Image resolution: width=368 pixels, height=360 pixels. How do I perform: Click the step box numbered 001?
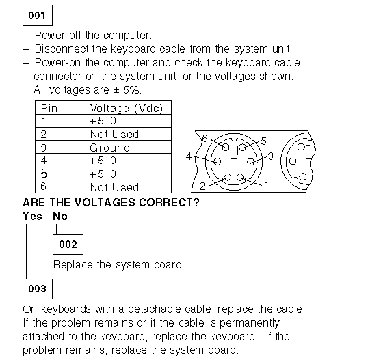38,15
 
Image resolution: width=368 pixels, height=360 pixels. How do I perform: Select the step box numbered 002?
68,245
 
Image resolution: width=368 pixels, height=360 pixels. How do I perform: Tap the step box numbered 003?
38,289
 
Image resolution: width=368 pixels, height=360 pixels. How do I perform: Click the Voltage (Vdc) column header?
127,108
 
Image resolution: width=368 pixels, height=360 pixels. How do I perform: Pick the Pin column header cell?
59,108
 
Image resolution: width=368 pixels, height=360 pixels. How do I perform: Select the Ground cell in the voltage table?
127,148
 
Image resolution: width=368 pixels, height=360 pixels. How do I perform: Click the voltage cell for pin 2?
127,134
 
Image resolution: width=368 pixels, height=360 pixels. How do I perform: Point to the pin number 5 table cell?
59,174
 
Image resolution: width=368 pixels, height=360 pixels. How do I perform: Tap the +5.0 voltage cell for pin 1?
127,121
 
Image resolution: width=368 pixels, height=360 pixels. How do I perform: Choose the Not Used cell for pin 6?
127,186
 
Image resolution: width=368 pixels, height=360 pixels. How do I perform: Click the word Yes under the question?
32,216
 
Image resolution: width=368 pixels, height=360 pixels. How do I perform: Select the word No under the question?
60,216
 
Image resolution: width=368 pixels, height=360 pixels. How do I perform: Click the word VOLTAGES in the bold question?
105,202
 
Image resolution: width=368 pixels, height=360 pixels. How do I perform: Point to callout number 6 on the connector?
205,139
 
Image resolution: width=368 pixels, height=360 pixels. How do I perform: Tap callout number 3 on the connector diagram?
271,156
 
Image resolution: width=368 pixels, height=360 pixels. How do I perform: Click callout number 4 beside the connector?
189,156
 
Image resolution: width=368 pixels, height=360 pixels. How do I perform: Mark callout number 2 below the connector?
202,186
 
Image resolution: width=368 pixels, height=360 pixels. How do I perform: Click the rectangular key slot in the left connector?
234,152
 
